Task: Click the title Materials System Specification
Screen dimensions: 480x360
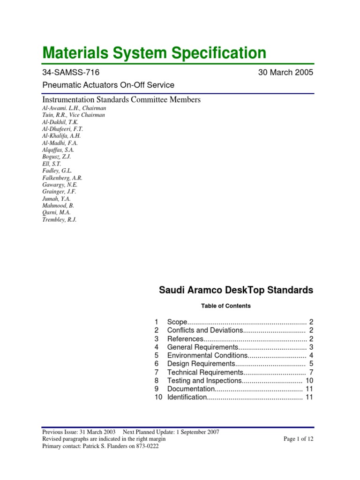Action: coord(154,52)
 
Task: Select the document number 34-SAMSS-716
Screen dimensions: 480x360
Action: coord(71,72)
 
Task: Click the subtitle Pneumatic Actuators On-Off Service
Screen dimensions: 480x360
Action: coord(108,85)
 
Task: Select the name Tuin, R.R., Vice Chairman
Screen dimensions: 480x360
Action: coord(74,115)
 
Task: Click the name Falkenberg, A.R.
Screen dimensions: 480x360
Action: coord(62,178)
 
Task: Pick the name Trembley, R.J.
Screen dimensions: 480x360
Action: coord(59,219)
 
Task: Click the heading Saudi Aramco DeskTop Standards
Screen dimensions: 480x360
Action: coord(236,290)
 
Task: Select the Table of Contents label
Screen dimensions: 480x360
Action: coord(226,306)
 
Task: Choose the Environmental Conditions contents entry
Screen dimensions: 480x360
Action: coord(207,355)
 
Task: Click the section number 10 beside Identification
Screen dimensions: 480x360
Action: coord(157,397)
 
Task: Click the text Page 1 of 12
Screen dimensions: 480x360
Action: coord(298,439)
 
